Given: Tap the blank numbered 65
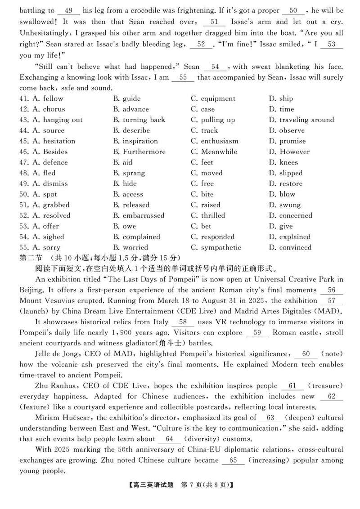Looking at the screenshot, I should [x=233, y=460].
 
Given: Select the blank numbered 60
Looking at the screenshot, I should [x=306, y=354].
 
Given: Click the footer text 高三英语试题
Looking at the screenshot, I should [x=152, y=485].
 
